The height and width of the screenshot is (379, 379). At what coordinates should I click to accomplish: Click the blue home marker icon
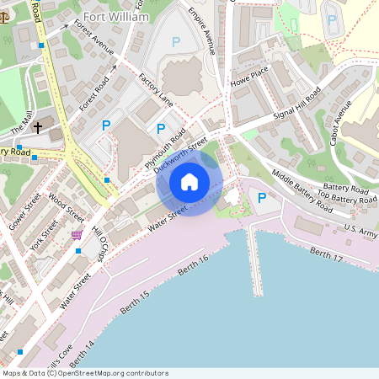click(189, 181)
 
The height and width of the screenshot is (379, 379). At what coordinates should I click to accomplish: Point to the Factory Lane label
click(156, 89)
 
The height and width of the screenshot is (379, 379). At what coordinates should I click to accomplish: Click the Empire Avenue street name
click(202, 32)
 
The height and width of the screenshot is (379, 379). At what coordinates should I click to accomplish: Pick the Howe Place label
click(250, 77)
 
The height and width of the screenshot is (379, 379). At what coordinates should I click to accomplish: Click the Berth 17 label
click(327, 254)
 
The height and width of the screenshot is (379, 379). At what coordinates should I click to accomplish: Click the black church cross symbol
click(38, 128)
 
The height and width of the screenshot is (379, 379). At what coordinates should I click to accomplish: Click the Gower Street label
click(24, 211)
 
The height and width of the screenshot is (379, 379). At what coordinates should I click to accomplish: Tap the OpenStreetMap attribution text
click(85, 373)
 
